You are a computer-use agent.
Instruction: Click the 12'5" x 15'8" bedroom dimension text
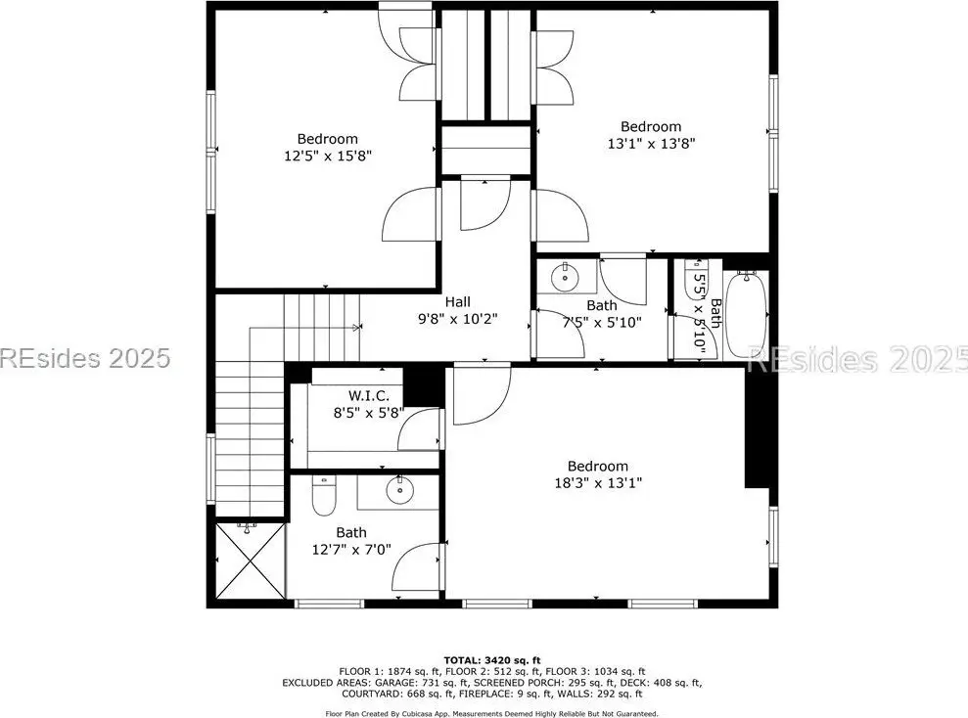[x=328, y=156]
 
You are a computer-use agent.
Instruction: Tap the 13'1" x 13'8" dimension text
[x=651, y=143]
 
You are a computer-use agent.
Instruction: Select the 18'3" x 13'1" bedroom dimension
[x=598, y=483]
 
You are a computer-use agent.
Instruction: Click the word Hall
[x=457, y=301]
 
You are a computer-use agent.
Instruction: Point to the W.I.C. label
[x=369, y=395]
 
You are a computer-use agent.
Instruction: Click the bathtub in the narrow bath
[x=746, y=315]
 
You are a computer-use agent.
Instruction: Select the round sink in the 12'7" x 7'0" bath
[x=399, y=490]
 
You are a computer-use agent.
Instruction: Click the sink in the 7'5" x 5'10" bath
[x=564, y=277]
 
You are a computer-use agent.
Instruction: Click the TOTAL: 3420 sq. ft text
[x=492, y=660]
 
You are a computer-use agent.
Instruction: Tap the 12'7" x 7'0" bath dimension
[x=351, y=549]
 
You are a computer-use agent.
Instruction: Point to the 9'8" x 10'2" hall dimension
[x=457, y=319]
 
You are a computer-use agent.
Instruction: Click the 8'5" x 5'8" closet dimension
[x=369, y=413]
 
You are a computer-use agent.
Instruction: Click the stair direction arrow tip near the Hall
[x=360, y=328]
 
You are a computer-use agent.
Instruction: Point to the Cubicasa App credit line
[x=491, y=714]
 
